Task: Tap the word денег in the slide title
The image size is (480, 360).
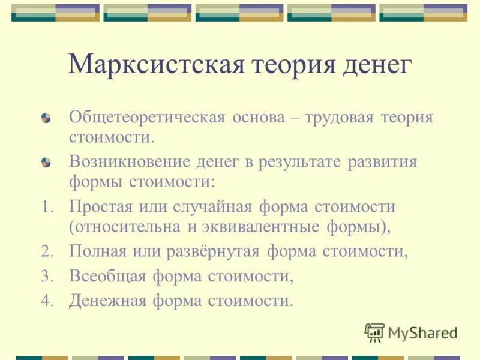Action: [x=376, y=64]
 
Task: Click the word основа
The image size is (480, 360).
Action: [x=257, y=116]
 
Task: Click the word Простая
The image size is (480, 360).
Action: [x=97, y=208]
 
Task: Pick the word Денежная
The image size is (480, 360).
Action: [x=107, y=299]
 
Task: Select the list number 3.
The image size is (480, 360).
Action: [x=47, y=276]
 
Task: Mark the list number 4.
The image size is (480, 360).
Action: [x=47, y=300]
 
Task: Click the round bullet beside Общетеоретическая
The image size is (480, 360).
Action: [x=46, y=116]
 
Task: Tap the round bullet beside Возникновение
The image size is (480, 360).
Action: [x=46, y=163]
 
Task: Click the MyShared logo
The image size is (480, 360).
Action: [x=411, y=332]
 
